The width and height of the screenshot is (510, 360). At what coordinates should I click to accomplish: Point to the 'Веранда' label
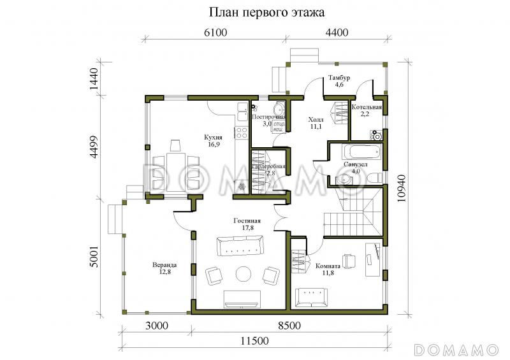click(x=164, y=264)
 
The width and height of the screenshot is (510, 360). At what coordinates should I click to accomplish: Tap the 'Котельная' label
click(x=367, y=107)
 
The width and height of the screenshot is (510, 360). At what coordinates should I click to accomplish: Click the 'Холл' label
click(x=316, y=120)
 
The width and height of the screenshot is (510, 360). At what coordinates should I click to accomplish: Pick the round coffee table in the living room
click(x=244, y=274)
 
